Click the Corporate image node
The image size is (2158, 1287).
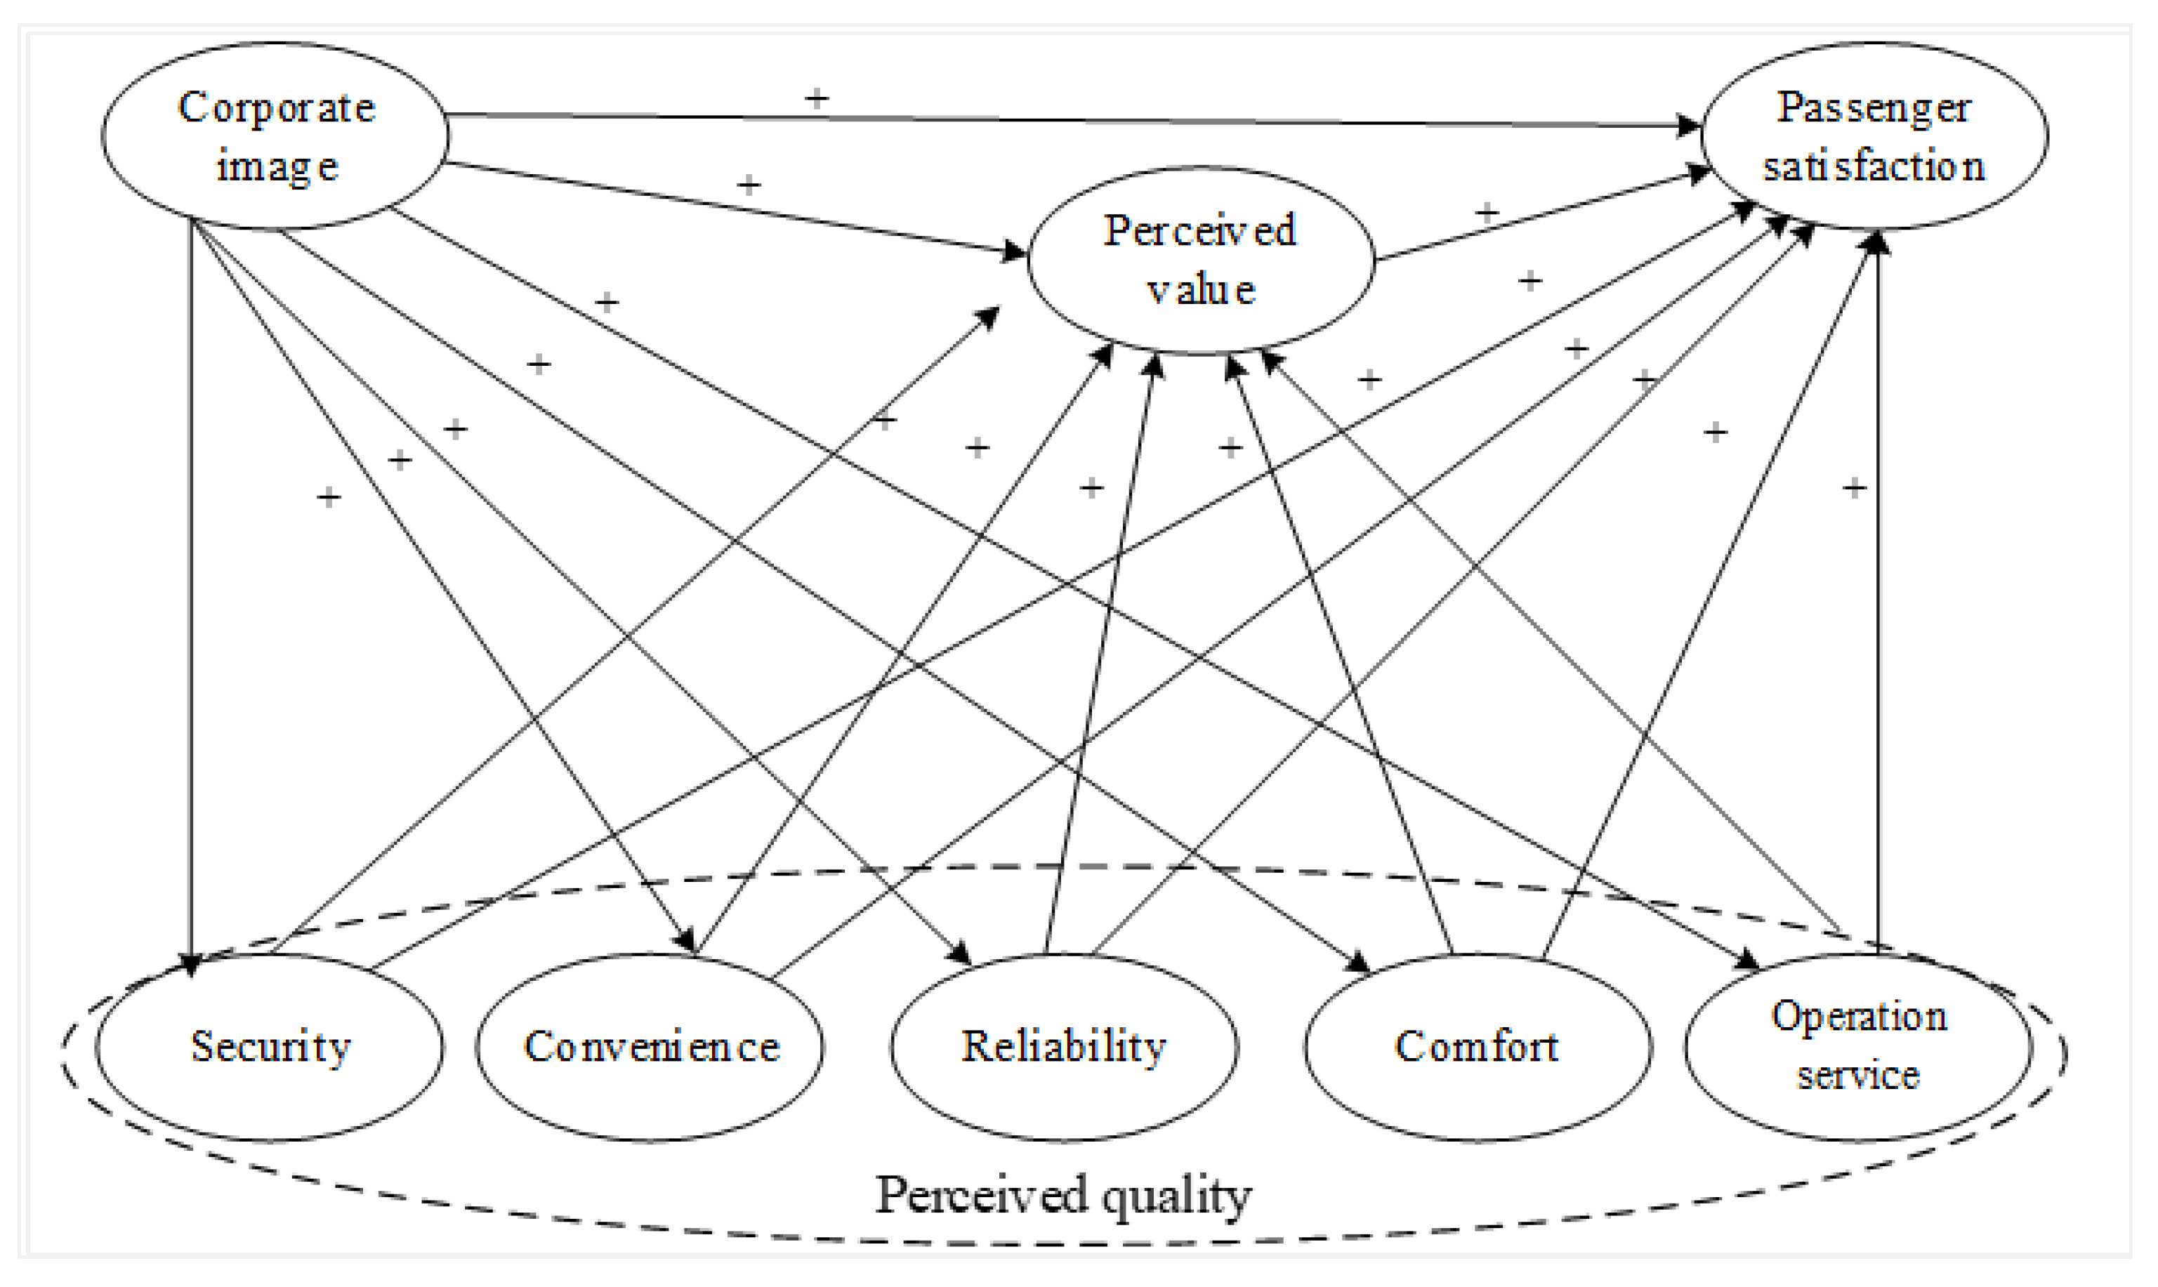[275, 136]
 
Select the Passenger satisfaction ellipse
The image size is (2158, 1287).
[1874, 136]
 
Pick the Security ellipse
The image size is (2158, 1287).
[270, 1047]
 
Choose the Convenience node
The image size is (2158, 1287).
[650, 1047]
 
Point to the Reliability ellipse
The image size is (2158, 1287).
[1065, 1047]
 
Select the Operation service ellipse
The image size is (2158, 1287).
[1859, 1047]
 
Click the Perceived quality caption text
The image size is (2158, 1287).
[1063, 1195]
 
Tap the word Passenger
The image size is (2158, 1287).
[1874, 108]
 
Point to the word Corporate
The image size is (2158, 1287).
[276, 108]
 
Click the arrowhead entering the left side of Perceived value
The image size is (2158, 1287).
[1014, 252]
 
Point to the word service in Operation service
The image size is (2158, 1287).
[1858, 1076]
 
